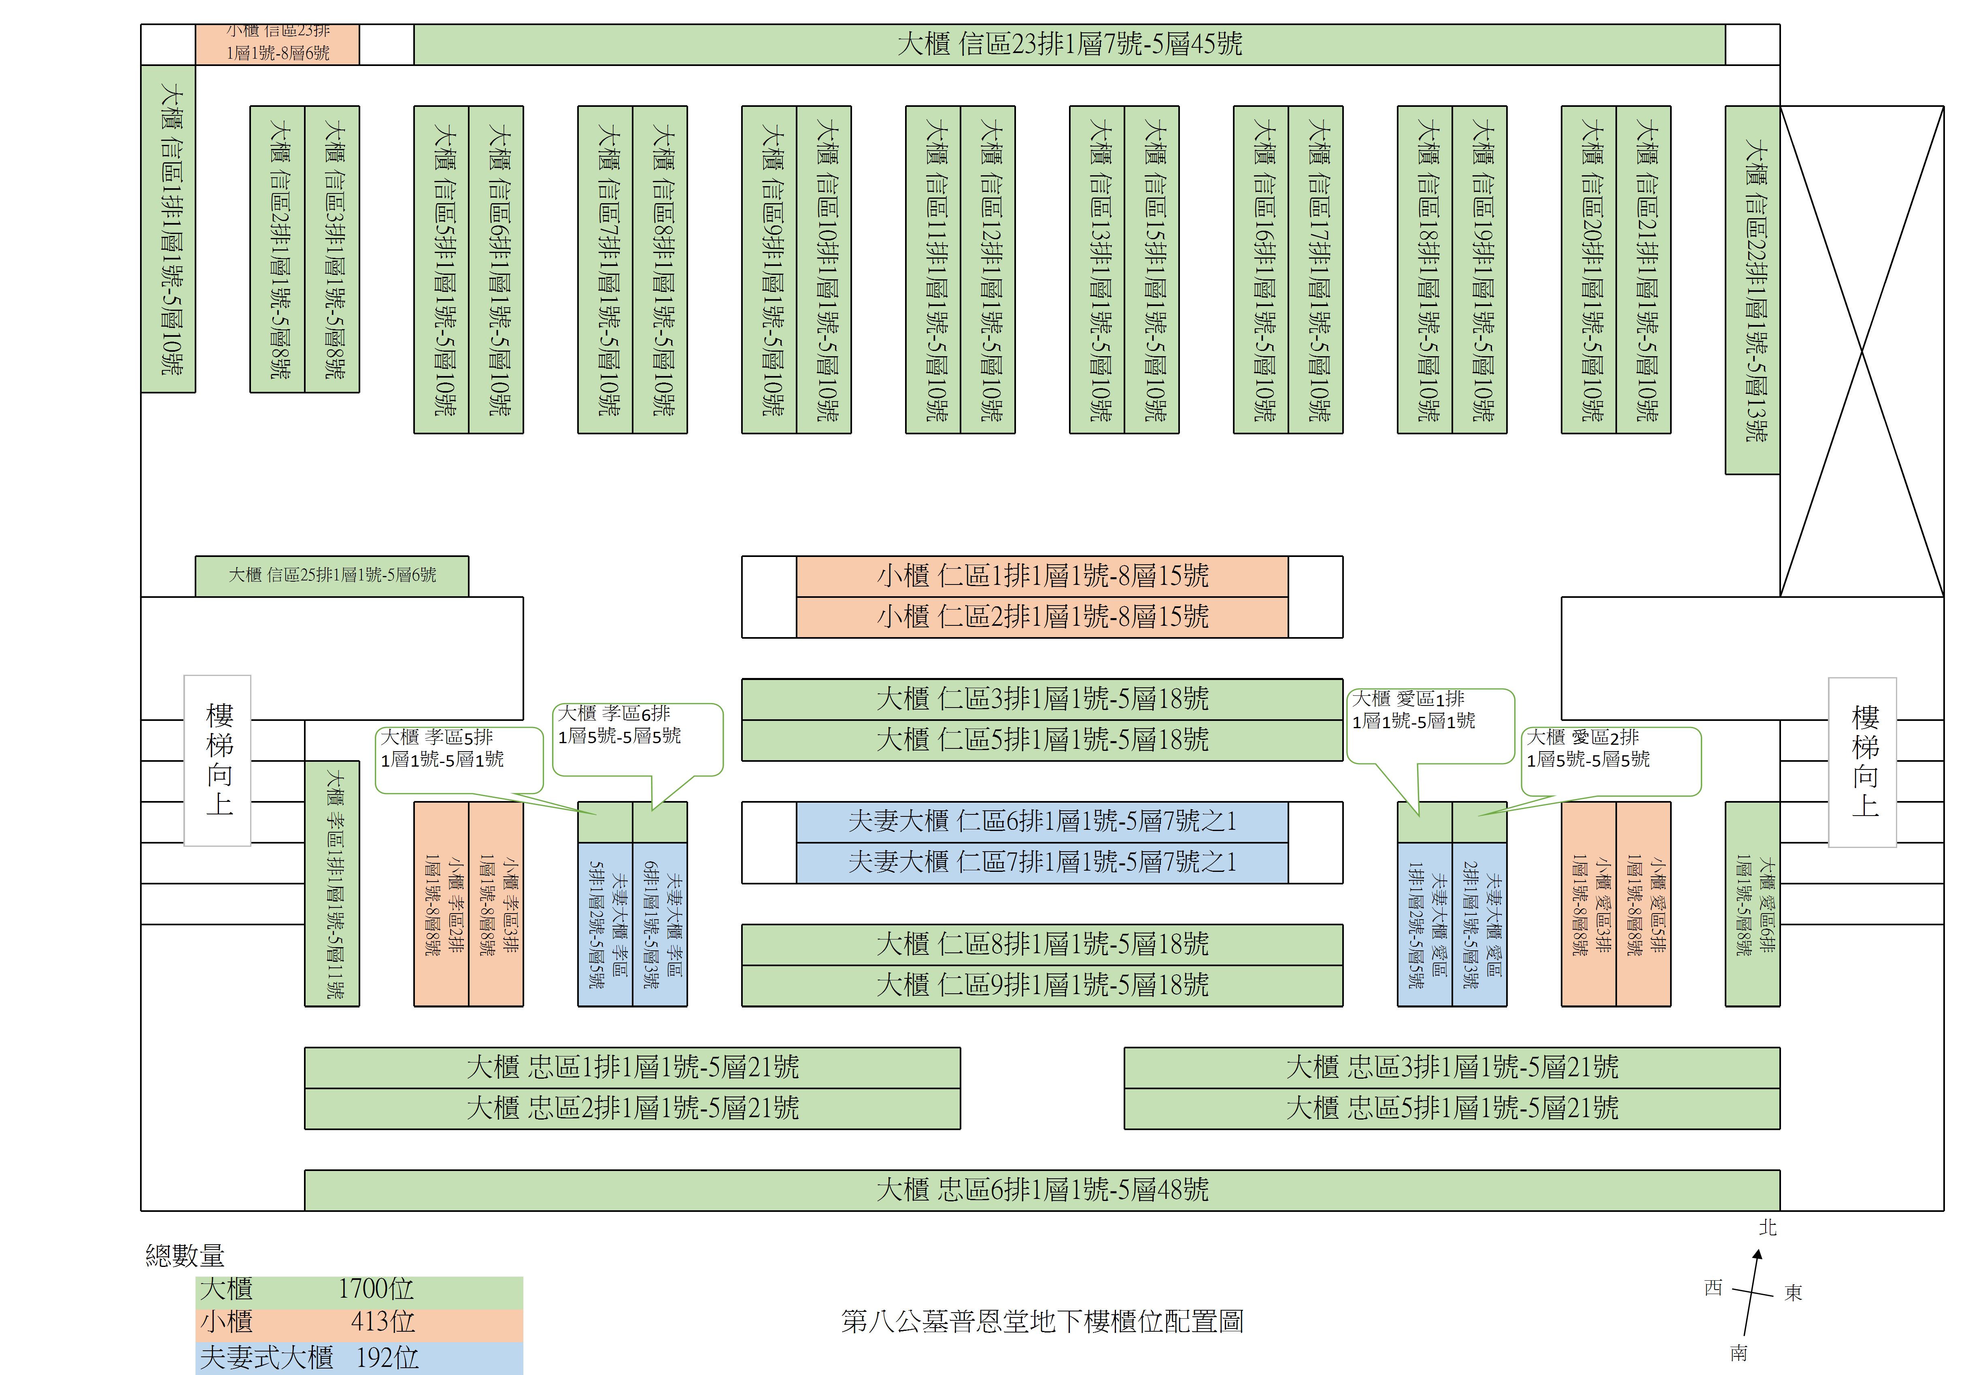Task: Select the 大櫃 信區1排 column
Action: click(x=169, y=229)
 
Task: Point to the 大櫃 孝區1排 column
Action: click(x=333, y=883)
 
